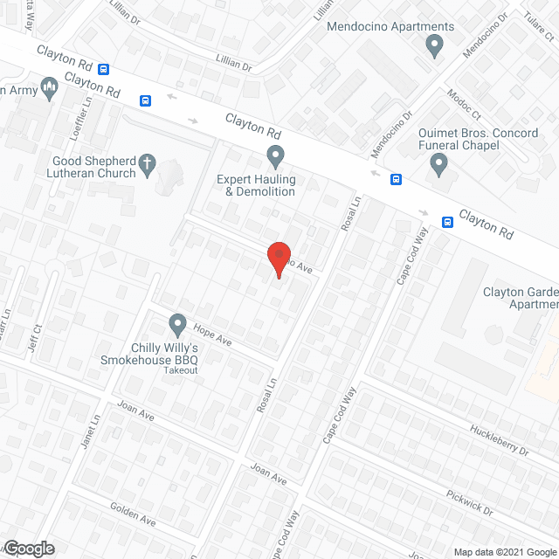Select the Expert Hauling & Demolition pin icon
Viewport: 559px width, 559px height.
(276, 157)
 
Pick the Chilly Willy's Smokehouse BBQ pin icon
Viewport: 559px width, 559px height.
(178, 324)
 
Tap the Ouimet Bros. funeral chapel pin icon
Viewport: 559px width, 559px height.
(439, 162)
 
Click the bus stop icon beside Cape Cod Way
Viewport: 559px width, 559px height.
(447, 222)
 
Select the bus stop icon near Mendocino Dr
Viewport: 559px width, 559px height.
(397, 180)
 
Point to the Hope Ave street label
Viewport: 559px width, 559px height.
(213, 335)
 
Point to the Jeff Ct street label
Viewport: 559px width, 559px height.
(37, 340)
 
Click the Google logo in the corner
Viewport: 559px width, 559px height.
(28, 549)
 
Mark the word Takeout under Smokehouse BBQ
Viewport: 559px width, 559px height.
(181, 371)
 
